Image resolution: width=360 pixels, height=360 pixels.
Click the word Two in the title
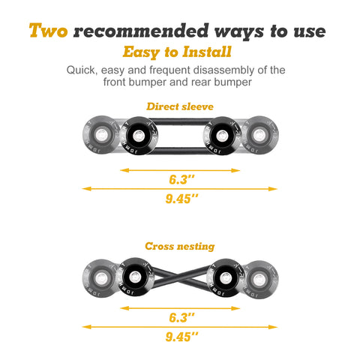50,31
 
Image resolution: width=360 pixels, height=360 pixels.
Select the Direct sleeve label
179,107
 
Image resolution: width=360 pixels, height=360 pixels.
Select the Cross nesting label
179,245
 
